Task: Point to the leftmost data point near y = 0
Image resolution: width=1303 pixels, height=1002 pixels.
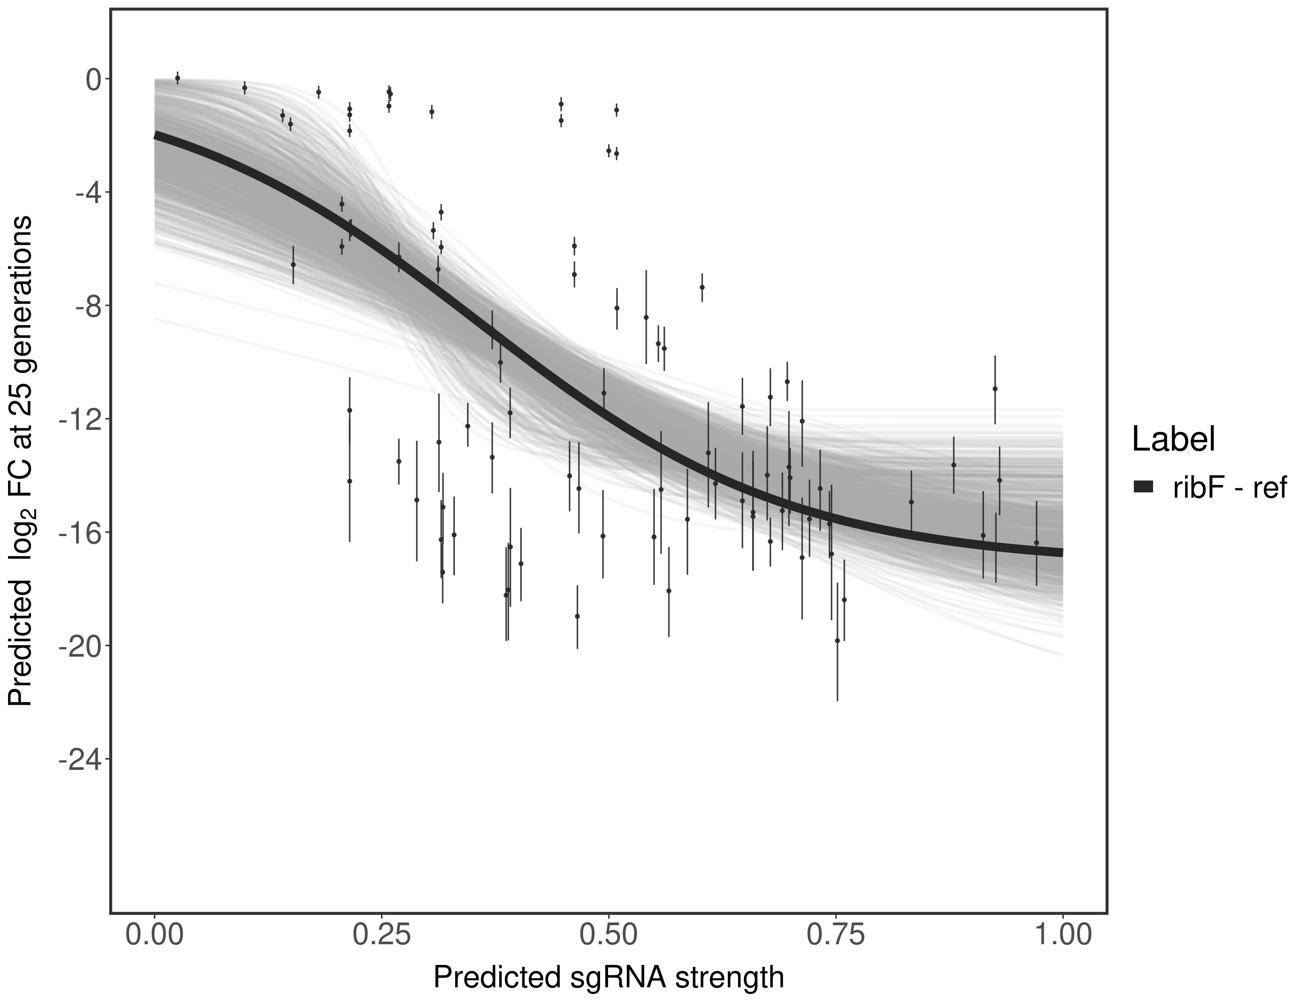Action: [x=177, y=78]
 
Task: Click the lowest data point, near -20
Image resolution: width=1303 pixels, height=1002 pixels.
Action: [x=838, y=641]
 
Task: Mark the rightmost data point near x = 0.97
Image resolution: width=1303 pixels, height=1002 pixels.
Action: [x=1036, y=543]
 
